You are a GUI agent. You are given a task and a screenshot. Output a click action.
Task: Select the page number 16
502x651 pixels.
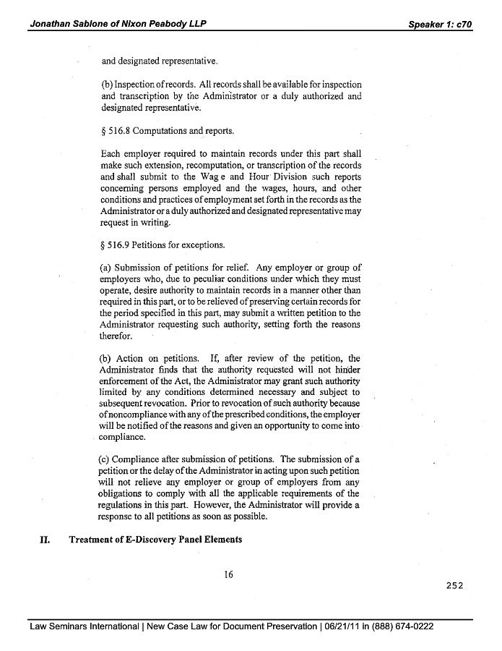point(228,575)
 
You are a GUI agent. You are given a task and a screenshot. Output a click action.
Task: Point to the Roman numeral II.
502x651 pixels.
point(43,540)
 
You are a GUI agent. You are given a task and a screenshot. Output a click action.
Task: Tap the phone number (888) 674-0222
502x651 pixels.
point(399,626)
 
